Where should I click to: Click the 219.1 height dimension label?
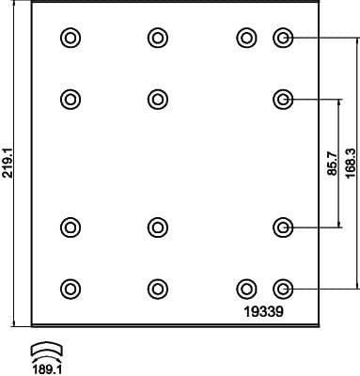click(8, 163)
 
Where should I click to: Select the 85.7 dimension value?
click(332, 163)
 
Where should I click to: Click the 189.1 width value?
click(48, 359)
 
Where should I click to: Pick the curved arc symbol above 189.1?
click(47, 345)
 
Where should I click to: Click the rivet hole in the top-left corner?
click(70, 38)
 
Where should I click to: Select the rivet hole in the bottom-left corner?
click(70, 288)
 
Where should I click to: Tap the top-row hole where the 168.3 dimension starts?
click(283, 38)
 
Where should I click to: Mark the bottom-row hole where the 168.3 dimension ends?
click(283, 288)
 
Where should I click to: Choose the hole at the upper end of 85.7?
click(283, 98)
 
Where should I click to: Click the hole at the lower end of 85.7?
click(283, 227)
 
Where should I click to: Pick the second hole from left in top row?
click(157, 38)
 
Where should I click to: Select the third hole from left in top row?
click(246, 38)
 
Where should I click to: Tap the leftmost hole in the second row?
click(70, 98)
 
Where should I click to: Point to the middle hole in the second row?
click(157, 98)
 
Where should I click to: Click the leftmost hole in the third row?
click(70, 227)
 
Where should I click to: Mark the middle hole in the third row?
click(157, 227)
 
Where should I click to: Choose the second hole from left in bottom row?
click(157, 288)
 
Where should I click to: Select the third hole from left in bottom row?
click(246, 288)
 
